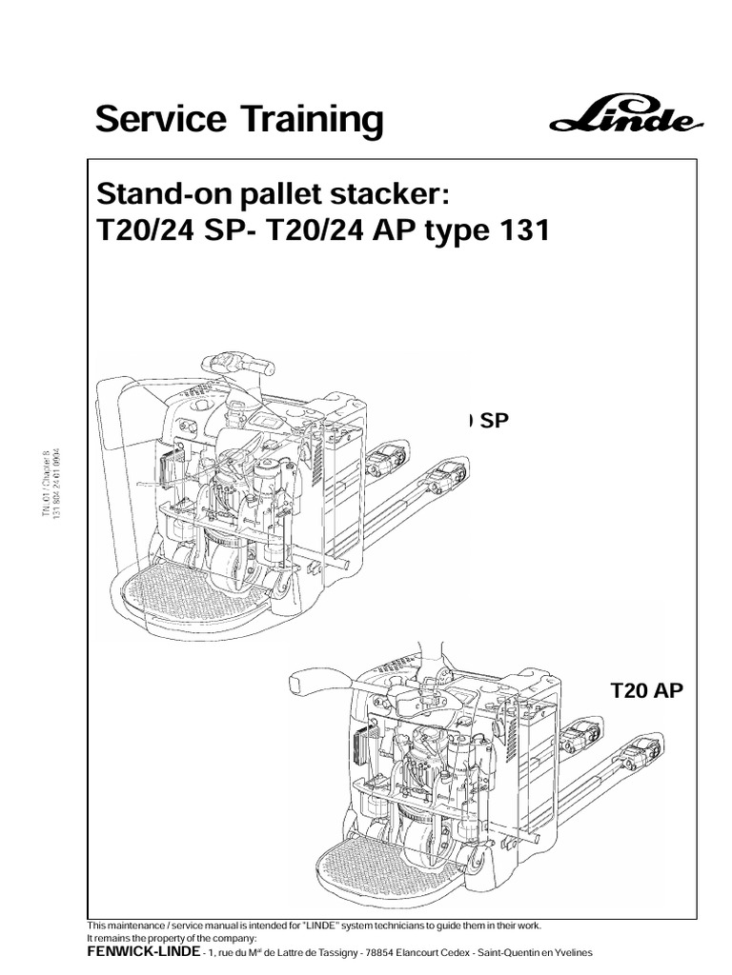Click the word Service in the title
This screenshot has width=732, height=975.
click(x=155, y=121)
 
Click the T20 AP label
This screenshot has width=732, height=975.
click(x=646, y=690)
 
